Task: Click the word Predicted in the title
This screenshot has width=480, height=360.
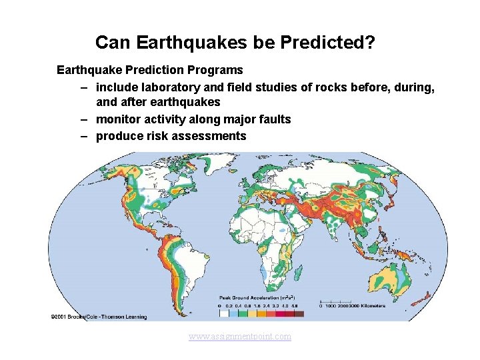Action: [331, 43]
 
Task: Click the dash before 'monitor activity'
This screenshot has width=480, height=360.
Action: [85, 119]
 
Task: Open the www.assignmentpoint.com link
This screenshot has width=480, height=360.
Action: [240, 337]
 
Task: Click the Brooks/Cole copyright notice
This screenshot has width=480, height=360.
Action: [98, 315]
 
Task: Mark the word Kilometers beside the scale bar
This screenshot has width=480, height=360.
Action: [369, 306]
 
